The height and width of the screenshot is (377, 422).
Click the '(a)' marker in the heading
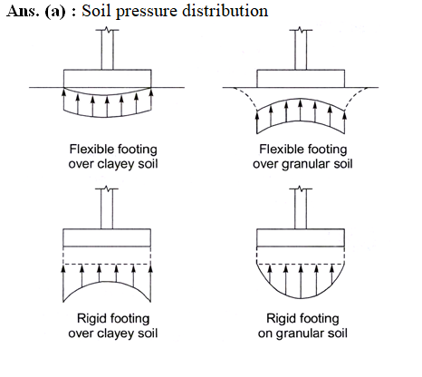tap(55, 12)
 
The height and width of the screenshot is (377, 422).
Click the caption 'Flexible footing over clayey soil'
tap(113, 157)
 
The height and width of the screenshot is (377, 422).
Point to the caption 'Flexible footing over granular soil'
tap(302, 157)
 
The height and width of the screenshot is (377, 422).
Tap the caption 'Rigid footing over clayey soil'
tap(113, 326)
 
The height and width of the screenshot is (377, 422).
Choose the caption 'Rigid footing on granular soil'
tap(302, 326)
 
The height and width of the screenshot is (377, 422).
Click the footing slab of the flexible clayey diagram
tap(108, 79)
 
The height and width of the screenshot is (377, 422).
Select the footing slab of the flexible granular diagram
tap(301, 79)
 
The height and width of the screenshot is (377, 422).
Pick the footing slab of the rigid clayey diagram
tap(107, 237)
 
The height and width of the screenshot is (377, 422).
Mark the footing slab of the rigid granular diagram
tap(301, 237)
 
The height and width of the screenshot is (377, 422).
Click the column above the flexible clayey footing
tap(108, 50)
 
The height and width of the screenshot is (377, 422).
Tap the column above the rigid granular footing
tap(301, 208)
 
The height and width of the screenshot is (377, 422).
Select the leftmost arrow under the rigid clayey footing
tap(63, 284)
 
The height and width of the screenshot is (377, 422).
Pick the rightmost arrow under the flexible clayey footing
tap(151, 99)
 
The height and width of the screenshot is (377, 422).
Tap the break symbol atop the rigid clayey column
tap(107, 188)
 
